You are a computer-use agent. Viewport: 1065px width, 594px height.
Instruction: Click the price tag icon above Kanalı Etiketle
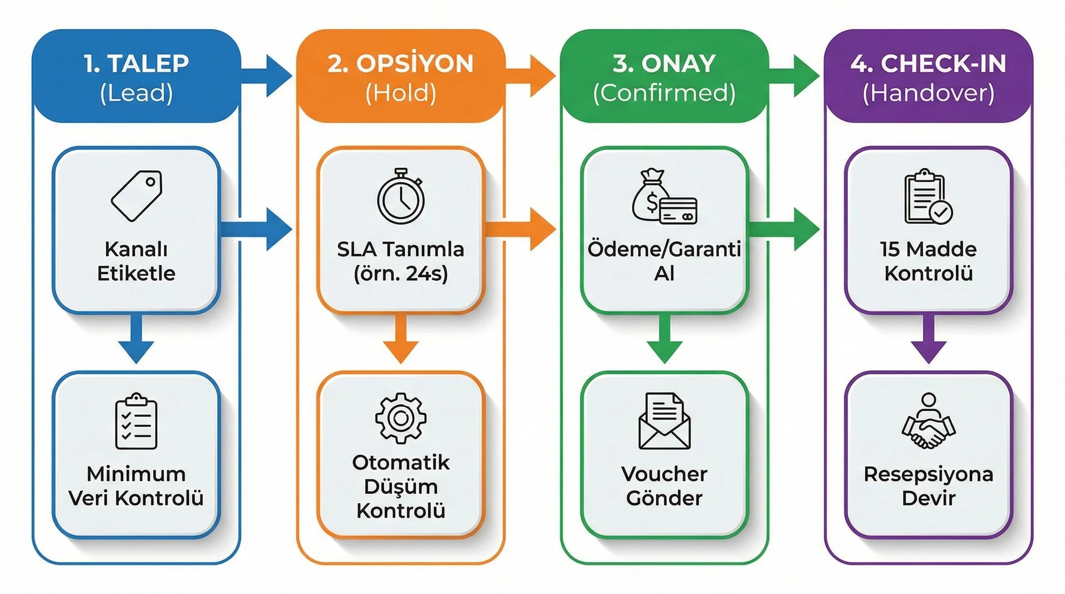(x=137, y=196)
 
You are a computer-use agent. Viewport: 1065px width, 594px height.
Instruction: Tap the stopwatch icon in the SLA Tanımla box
(x=401, y=196)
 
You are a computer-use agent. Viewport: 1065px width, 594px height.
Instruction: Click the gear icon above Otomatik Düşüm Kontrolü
(x=401, y=418)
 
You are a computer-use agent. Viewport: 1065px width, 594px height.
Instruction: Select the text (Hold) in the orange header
(x=401, y=93)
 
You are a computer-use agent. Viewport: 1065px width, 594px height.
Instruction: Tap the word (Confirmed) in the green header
(x=664, y=93)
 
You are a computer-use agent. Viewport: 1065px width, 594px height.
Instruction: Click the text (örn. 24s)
(x=401, y=273)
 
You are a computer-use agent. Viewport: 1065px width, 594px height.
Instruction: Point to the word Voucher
(x=664, y=474)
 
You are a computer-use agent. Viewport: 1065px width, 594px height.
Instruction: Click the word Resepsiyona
(x=928, y=474)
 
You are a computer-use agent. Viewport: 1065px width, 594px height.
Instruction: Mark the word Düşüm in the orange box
(x=401, y=486)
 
